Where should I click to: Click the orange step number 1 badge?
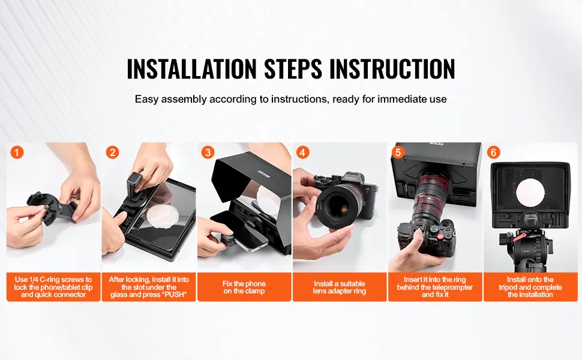click(x=17, y=152)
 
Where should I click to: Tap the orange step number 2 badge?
click(x=112, y=152)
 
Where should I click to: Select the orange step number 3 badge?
click(x=208, y=152)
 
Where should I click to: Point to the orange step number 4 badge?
click(x=302, y=152)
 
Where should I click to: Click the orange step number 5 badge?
click(x=398, y=152)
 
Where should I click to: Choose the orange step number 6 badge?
click(x=493, y=152)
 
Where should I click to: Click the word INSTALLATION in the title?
click(x=191, y=69)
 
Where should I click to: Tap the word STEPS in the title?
click(x=293, y=69)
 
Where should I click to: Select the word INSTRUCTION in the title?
click(x=392, y=69)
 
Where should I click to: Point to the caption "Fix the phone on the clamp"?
click(x=244, y=287)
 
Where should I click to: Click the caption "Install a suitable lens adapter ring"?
click(x=339, y=287)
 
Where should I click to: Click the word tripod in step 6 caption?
click(x=509, y=287)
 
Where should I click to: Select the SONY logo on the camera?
click(x=350, y=178)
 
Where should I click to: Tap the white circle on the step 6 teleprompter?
click(x=530, y=193)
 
